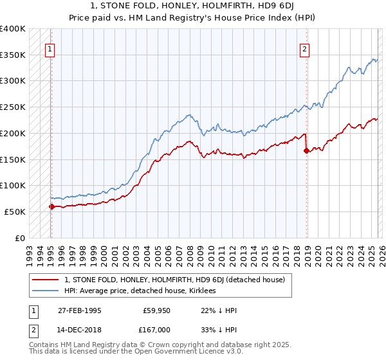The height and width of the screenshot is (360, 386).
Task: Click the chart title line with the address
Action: click(x=193, y=7)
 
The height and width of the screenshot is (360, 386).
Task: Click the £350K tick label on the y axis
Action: click(x=13, y=55)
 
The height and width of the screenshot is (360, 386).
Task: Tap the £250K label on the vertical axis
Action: click(x=13, y=107)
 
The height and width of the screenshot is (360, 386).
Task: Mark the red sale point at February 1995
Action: click(x=51, y=206)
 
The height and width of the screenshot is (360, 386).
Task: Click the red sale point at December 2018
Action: click(x=306, y=150)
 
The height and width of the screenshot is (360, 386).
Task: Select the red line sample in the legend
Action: click(x=46, y=280)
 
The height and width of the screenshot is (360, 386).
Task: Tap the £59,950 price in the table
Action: click(x=157, y=310)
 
